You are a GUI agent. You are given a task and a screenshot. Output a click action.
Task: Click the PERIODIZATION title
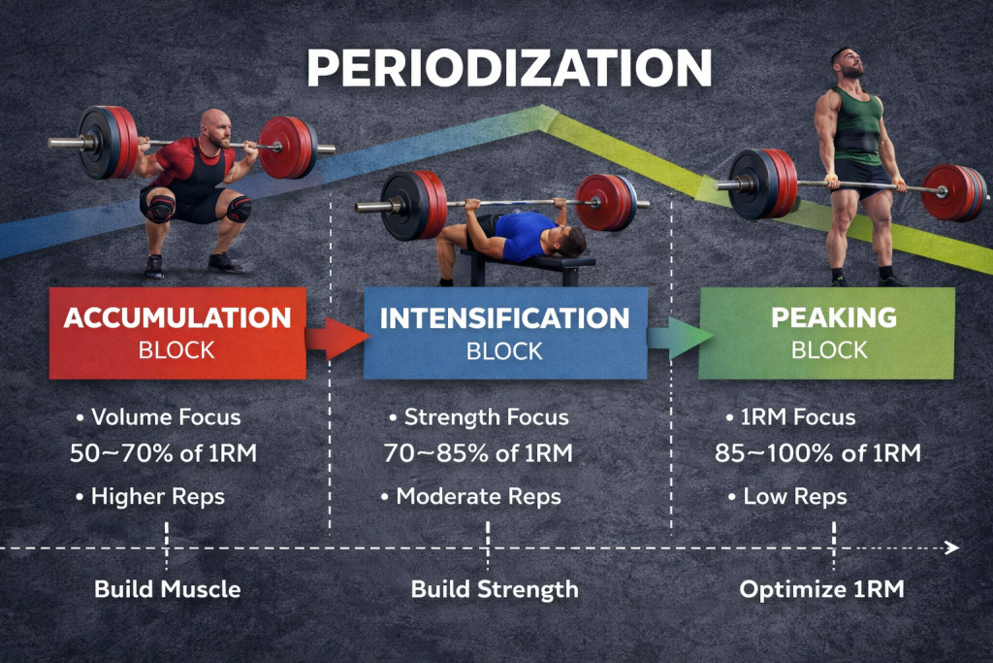(x=509, y=69)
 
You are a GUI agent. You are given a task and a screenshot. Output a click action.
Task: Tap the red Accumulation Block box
(x=177, y=332)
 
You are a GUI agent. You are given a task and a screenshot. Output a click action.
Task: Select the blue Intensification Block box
(x=504, y=332)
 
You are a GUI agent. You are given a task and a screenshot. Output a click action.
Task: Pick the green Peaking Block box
(x=826, y=332)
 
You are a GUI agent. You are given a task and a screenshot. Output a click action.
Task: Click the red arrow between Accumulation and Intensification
(x=336, y=338)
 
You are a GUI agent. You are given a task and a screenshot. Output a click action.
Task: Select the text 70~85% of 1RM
(x=478, y=453)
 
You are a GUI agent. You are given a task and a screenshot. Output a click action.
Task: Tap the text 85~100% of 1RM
(x=817, y=453)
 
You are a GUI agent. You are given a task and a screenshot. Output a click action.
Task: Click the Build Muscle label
(x=167, y=589)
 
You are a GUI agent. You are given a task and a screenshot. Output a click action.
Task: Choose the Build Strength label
(x=495, y=589)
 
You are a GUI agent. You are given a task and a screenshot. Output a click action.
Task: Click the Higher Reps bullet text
(x=157, y=497)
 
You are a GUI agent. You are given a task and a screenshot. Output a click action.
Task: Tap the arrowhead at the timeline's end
(x=952, y=548)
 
